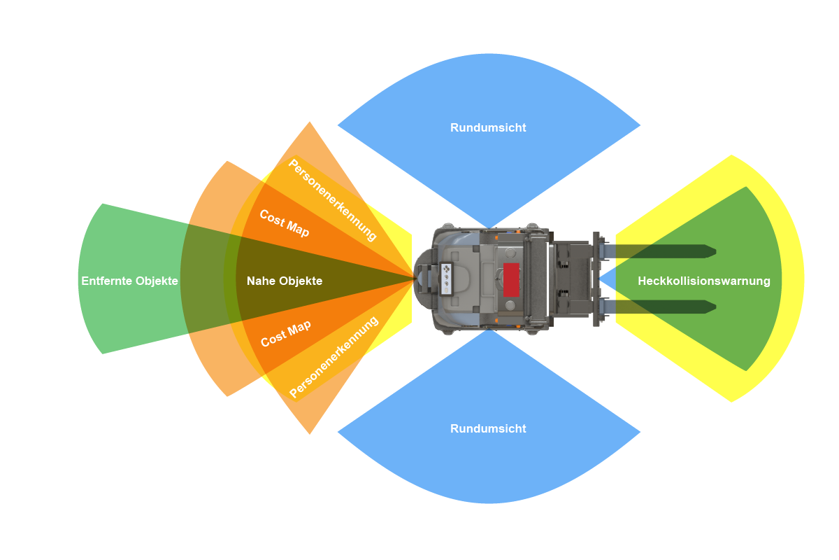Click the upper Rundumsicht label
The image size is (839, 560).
pos(488,128)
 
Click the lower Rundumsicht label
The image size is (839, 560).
pos(488,428)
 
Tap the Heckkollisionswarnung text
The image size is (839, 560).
pos(703,281)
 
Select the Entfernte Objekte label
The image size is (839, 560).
pos(129,281)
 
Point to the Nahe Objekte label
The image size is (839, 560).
pos(285,281)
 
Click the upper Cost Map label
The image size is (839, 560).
pos(285,223)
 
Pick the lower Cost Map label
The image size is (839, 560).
pos(285,333)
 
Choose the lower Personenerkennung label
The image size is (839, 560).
pos(334,357)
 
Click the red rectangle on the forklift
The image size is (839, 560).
pos(511,280)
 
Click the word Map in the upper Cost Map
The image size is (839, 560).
pos(297,230)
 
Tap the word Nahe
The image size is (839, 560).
pos(261,281)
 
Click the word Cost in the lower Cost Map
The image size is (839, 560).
pos(273,340)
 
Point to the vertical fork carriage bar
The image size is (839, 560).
pos(596,279)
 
